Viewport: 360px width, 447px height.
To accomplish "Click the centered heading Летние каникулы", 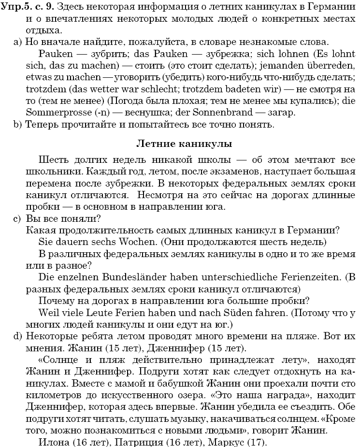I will point(184,144).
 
